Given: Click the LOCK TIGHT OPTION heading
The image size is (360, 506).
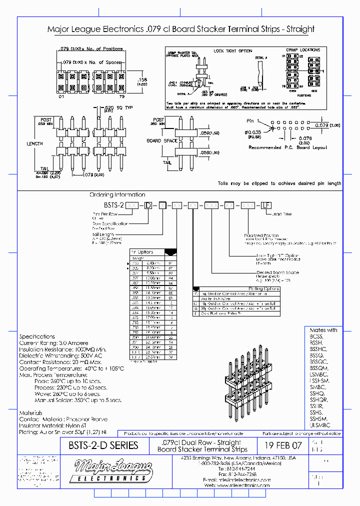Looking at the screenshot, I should point(232,51).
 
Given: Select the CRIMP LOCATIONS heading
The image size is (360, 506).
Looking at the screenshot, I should point(303,50).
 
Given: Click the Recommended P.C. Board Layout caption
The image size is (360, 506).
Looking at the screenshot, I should point(287,147).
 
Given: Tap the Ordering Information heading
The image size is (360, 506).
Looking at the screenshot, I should point(117,194).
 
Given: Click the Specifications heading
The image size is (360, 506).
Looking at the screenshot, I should point(37,336).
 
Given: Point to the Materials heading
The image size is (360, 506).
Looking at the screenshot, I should point(30,412).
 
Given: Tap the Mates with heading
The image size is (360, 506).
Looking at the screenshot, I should point(323,330).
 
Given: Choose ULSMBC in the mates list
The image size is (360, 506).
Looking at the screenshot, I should point(320,424).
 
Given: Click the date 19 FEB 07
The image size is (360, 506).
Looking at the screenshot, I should point(282,445).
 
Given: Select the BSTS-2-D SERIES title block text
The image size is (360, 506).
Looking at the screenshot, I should point(99,445).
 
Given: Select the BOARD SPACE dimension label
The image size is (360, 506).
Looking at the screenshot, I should point(161,140).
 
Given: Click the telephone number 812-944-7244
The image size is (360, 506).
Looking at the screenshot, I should point(241,468).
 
